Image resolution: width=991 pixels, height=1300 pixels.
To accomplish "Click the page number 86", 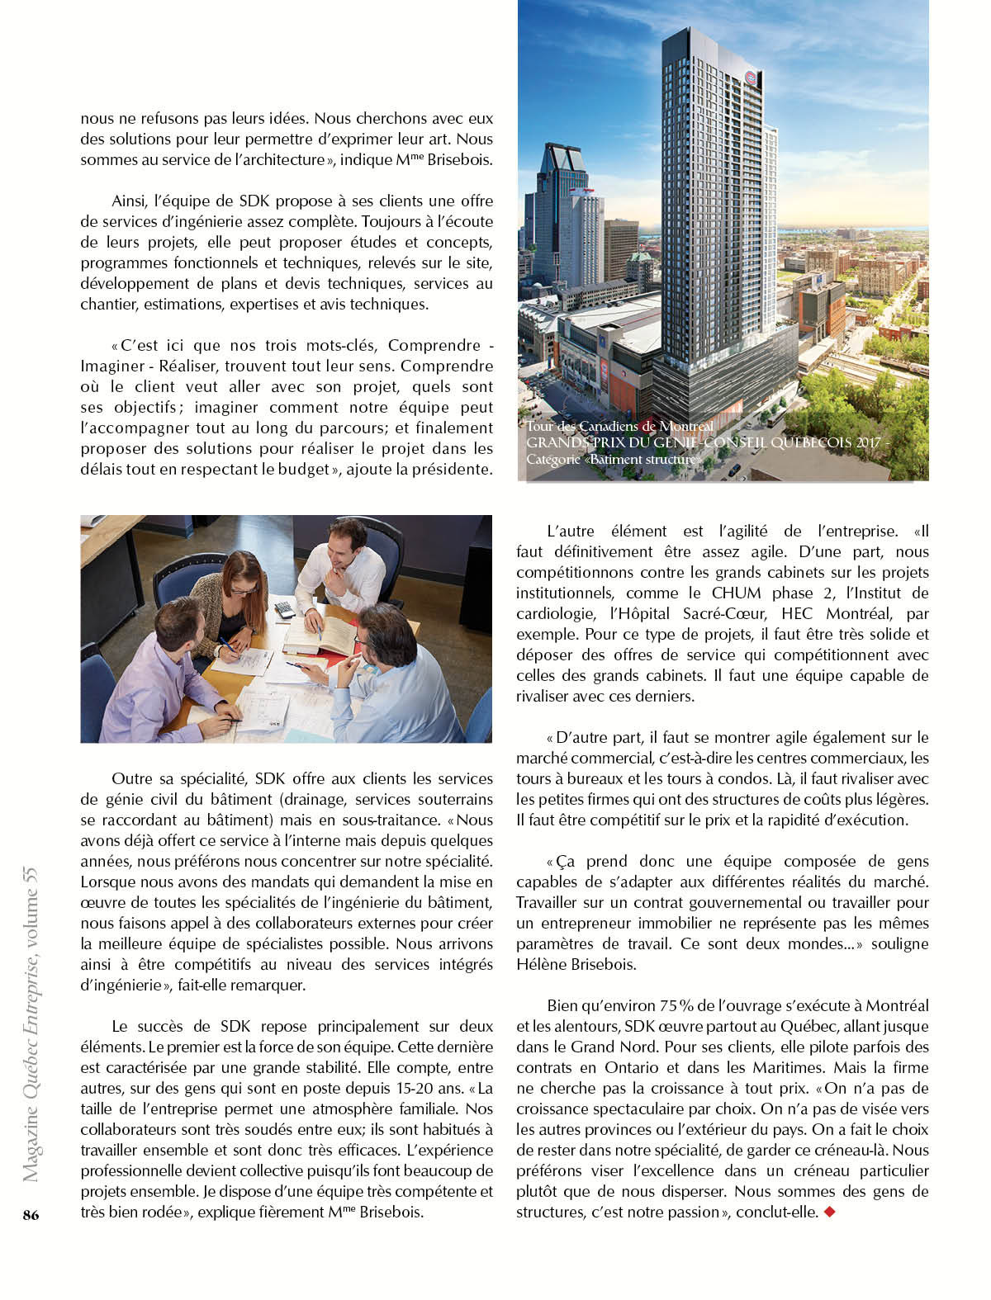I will point(31,1214).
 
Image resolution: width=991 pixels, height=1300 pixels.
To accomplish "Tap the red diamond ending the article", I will point(830,1212).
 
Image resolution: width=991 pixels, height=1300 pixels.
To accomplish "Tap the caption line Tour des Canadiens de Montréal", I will point(619,426).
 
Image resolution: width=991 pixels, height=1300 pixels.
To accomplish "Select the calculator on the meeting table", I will point(284,609).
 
